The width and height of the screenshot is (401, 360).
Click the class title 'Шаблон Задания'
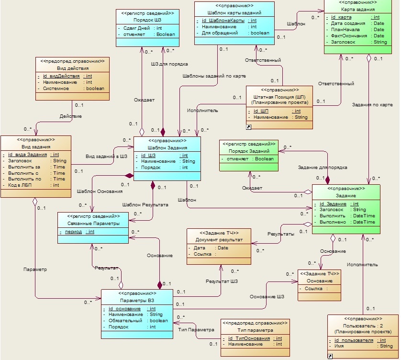tap(167, 147)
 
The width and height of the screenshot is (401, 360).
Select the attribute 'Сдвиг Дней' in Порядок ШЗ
tap(136, 28)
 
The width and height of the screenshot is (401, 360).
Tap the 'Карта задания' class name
tap(358, 10)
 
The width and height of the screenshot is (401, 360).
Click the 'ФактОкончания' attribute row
tap(349, 36)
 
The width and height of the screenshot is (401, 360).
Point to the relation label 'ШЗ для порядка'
tap(169, 64)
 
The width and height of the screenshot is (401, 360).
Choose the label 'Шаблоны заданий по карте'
tap(214, 76)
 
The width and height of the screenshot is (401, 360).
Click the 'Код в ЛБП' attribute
tap(20, 185)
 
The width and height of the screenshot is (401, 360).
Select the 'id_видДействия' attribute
tap(61, 76)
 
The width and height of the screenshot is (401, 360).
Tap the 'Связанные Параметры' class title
tap(93, 224)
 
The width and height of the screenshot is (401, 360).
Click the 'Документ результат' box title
tap(219, 240)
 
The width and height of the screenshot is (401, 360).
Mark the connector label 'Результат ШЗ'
tap(222, 281)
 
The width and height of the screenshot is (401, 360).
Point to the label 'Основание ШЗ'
tap(267, 297)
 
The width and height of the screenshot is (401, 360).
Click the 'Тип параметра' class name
tap(255, 330)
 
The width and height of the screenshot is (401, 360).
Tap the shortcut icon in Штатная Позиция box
tap(248, 127)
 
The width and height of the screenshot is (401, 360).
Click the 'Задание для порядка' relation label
tap(323, 168)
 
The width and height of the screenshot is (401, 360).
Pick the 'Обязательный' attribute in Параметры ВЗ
tap(125, 321)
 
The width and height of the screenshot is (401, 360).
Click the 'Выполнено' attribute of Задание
tap(333, 222)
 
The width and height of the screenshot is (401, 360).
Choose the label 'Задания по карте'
tap(372, 105)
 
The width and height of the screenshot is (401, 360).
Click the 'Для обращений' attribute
tap(220, 33)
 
